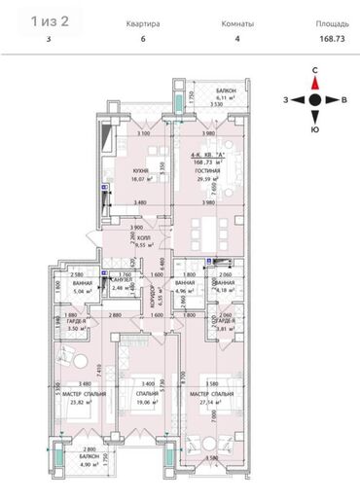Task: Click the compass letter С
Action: tap(315, 71)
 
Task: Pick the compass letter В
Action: tap(344, 99)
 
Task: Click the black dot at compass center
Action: tap(315, 99)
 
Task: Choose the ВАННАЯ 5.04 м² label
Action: tap(70, 287)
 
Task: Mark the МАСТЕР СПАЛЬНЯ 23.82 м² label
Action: tap(73, 395)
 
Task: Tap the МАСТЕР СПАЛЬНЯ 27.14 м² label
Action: tap(214, 395)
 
